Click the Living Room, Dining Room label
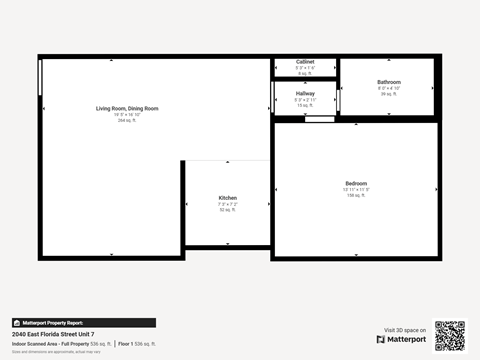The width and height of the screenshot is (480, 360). point(127,108)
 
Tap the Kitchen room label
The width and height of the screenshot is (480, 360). point(228,198)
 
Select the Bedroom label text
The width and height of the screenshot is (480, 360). point(357,183)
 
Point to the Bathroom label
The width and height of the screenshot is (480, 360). point(389,81)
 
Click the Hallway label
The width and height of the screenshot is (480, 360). point(305,93)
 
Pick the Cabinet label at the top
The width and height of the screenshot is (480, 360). point(305,62)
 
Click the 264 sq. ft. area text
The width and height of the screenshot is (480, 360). point(127,120)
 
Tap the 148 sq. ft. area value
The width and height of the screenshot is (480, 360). point(357,195)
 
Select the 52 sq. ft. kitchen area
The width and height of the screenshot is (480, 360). point(228,210)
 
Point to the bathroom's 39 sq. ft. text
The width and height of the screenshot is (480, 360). point(389,93)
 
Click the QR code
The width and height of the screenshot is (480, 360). point(450,335)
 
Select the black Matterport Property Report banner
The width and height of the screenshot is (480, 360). point(84,323)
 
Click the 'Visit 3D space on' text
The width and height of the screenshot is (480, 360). point(405,330)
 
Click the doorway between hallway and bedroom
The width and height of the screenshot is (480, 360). point(320,119)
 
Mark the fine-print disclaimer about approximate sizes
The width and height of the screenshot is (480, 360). point(56,351)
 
